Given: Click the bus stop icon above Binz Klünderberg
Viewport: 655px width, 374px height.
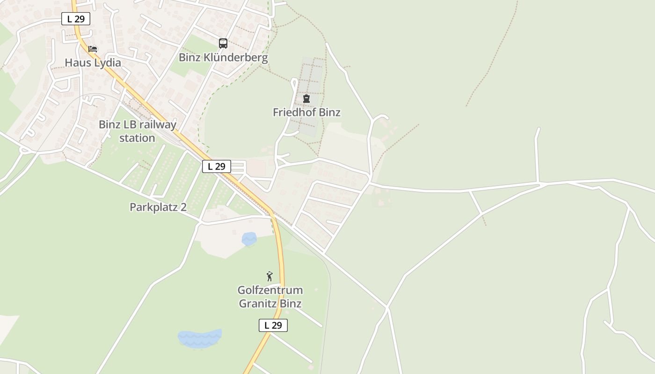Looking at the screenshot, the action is click(x=223, y=43).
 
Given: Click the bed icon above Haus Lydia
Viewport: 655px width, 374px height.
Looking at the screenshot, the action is click(x=93, y=49).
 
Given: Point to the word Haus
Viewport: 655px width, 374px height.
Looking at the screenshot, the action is click(x=77, y=63).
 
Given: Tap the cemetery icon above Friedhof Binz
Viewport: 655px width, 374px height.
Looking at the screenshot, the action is click(x=306, y=99).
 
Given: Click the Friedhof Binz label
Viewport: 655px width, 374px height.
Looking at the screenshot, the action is click(x=306, y=112).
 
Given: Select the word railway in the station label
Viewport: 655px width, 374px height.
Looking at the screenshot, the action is click(x=158, y=125).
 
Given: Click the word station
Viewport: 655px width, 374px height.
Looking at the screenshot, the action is click(x=137, y=138).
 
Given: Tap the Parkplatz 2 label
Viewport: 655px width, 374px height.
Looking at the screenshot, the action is click(x=158, y=207).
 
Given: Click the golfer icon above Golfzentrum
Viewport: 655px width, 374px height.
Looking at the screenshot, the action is click(x=269, y=276).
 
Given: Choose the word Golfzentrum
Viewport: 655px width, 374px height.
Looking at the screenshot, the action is click(x=270, y=290).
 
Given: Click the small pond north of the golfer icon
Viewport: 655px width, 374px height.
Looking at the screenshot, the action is click(x=249, y=239).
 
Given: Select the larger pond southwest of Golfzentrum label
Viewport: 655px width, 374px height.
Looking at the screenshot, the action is click(x=200, y=338).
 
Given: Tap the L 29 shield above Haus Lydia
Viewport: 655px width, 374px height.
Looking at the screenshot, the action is click(x=76, y=19).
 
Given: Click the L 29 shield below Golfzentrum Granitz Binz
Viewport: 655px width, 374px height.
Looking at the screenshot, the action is click(x=273, y=325).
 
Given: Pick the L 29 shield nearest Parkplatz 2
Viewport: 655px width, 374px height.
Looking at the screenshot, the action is click(x=217, y=166).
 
